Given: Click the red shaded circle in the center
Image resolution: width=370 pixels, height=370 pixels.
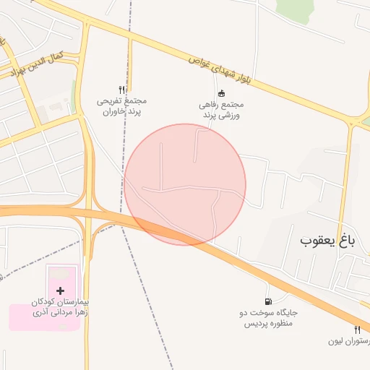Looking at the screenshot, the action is coord(185,184).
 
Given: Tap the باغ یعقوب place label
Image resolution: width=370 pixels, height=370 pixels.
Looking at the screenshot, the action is coord(327,239).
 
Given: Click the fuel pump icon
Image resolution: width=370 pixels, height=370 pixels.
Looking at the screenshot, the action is coord(269,301).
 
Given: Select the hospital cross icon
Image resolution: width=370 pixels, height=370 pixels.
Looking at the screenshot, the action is coord(60,290).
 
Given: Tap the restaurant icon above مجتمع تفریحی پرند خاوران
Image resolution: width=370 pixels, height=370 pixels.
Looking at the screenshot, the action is coord(122,90).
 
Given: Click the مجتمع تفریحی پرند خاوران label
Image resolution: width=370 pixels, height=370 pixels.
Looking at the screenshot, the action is coord(122,106).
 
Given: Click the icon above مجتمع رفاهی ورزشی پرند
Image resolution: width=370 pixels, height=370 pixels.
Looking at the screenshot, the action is coord(221,93).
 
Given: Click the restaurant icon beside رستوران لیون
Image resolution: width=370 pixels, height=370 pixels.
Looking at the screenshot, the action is coord(357,330).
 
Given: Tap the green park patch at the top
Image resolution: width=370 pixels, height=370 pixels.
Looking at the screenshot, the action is coord(292,9).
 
